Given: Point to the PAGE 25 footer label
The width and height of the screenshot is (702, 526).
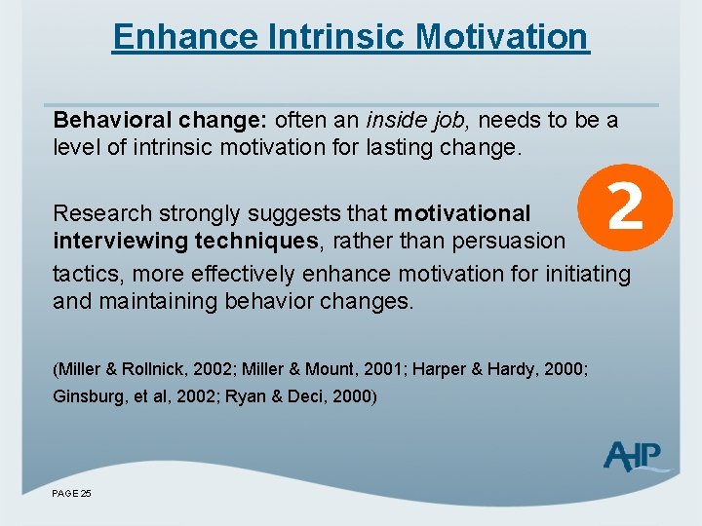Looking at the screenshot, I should click(x=72, y=494).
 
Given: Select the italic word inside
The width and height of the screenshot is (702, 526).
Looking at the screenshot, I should click(x=394, y=121).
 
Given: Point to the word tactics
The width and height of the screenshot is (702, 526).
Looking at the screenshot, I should click(x=83, y=274).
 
